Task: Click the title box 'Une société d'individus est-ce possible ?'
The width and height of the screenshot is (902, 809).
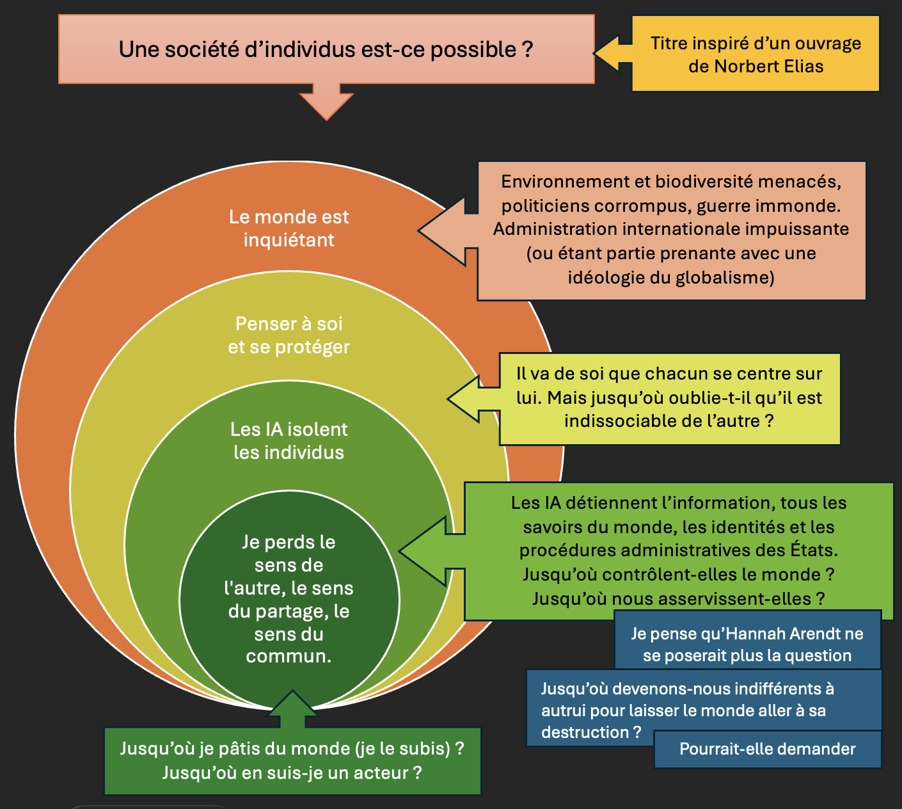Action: (x=326, y=49)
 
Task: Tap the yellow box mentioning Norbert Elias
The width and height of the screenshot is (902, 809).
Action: (x=756, y=54)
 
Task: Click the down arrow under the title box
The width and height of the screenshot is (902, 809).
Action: (x=326, y=102)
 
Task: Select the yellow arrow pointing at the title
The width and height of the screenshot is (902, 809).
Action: (x=613, y=53)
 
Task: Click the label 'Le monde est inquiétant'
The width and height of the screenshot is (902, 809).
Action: (x=289, y=228)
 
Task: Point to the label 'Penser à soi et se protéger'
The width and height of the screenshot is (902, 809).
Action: (x=289, y=335)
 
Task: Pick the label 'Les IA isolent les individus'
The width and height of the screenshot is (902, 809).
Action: (x=289, y=441)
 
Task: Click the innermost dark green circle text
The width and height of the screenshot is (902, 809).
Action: (x=289, y=599)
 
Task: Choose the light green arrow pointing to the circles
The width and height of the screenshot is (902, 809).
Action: (x=429, y=551)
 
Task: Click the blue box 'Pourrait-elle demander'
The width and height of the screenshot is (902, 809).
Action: (x=767, y=749)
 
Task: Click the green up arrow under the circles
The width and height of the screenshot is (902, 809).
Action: (x=292, y=709)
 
